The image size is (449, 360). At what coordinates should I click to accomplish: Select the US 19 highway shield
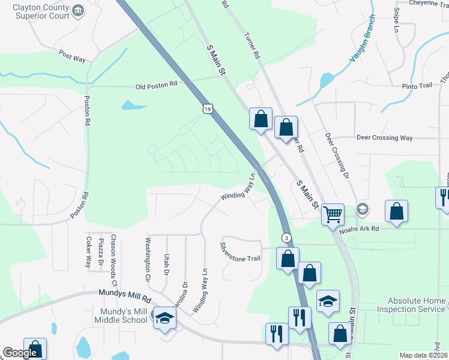pyautogui.click(x=207, y=109)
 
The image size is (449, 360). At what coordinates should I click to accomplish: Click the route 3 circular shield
pyautogui.click(x=287, y=238)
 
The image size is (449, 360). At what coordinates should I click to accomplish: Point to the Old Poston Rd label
pyautogui.click(x=157, y=85)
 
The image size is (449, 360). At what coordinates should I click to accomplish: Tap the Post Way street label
pyautogui.click(x=72, y=57)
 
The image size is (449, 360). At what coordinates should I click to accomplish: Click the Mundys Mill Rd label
pyautogui.click(x=125, y=295)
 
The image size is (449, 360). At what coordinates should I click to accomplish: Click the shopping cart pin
pyautogui.click(x=333, y=214)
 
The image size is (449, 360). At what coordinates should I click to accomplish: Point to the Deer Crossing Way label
pyautogui.click(x=385, y=137)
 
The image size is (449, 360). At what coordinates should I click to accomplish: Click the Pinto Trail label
pyautogui.click(x=417, y=86)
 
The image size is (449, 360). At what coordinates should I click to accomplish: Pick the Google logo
pyautogui.click(x=20, y=353)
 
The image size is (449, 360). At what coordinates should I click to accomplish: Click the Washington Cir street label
pyautogui.click(x=148, y=259)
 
